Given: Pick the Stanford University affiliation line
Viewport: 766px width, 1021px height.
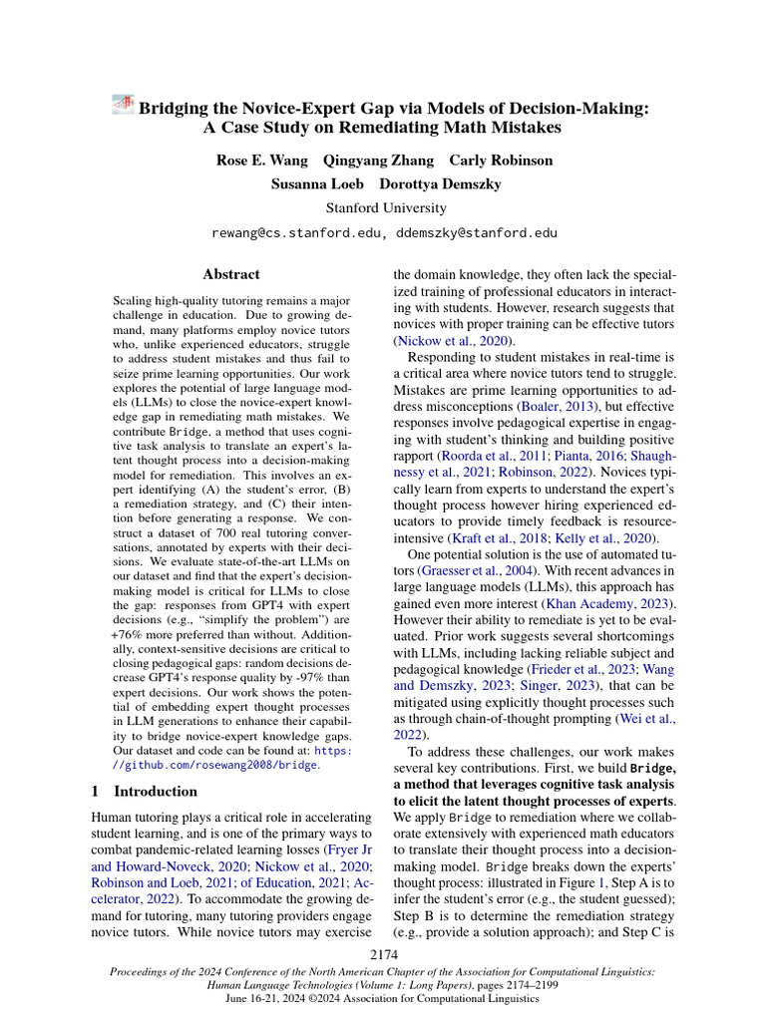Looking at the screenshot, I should tap(383, 208).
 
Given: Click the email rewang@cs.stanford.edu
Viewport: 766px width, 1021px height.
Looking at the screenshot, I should tap(296, 233).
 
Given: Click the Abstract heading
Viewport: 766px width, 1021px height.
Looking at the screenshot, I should tap(231, 274).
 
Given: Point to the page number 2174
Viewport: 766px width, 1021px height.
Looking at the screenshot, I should tap(384, 956).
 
